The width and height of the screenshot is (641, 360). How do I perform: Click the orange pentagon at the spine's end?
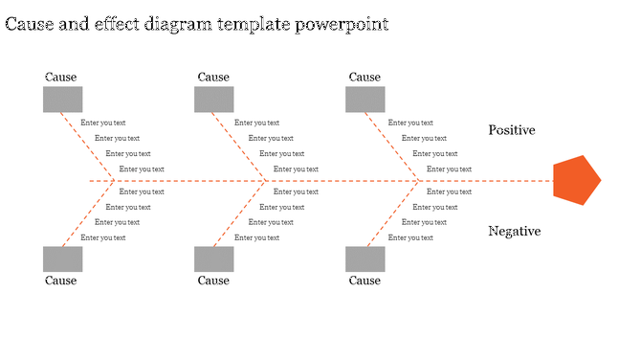click(576, 179)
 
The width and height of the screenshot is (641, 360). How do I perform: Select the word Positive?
click(511, 130)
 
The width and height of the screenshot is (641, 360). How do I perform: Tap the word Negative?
click(514, 231)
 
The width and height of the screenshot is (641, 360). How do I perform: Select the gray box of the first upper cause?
click(62, 100)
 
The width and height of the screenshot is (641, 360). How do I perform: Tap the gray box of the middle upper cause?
click(213, 100)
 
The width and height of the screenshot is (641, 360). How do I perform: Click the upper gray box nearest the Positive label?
click(365, 100)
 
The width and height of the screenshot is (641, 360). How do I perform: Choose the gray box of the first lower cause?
click(62, 259)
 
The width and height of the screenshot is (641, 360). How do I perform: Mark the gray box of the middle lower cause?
click(213, 259)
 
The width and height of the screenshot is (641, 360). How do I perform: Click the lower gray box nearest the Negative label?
click(365, 259)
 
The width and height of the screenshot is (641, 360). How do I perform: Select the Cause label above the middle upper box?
click(213, 78)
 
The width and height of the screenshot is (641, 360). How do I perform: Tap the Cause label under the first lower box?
click(61, 281)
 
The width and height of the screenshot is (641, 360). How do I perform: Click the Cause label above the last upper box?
click(365, 78)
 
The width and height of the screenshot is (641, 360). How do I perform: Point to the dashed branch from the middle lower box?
click(245, 213)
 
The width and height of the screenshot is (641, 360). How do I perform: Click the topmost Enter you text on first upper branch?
click(103, 123)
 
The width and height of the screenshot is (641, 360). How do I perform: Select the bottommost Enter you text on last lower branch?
click(410, 237)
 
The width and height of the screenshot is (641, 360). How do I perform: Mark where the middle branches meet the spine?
click(266, 180)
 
